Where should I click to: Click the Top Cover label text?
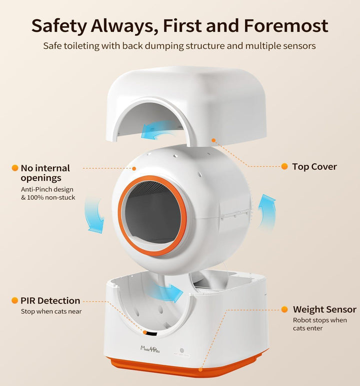coord(314,167)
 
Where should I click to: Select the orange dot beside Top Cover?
coord(284,166)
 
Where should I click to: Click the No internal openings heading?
coord(44,173)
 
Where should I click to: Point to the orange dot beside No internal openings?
coord(14,168)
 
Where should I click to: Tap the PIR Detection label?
coord(50,300)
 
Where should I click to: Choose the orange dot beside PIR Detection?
coord(14,300)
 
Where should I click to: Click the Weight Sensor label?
coord(324,309)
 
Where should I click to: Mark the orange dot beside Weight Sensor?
coord(284,309)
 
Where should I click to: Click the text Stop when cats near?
coord(50,311)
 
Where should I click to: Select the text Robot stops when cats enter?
coord(319,324)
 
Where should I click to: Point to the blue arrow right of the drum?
coord(266,211)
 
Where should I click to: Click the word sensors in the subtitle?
coord(297,46)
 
